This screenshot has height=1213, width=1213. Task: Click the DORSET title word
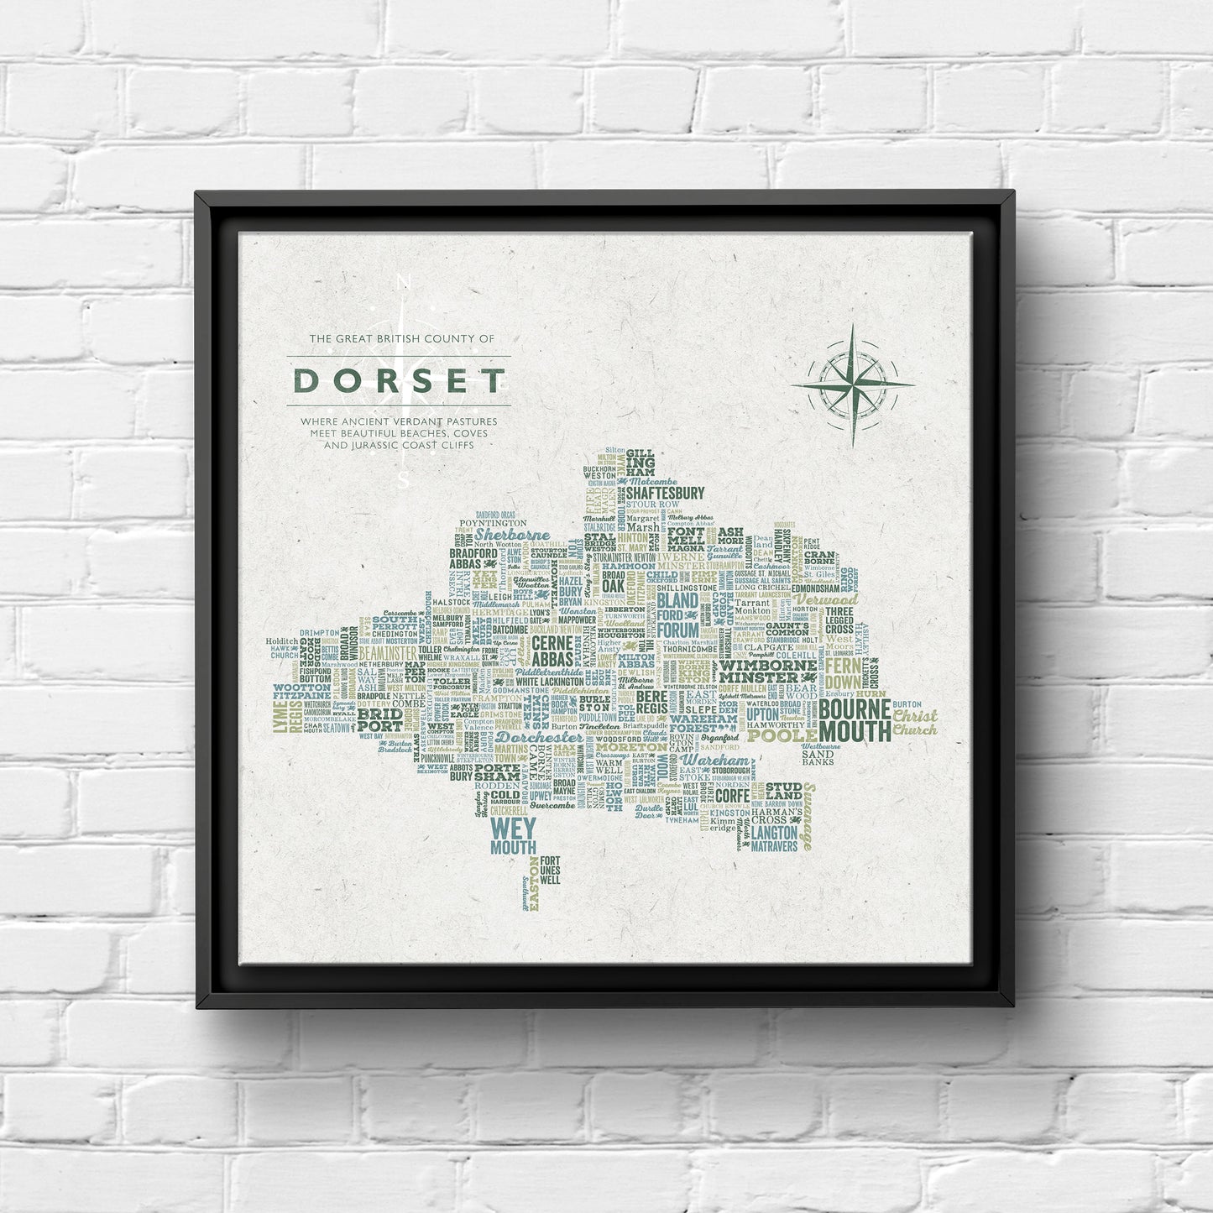click(x=399, y=381)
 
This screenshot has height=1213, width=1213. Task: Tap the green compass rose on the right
click(x=852, y=384)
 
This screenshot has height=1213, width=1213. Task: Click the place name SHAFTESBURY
click(x=664, y=493)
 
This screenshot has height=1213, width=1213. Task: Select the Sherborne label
click(x=512, y=535)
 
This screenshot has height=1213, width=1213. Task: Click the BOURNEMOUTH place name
click(x=855, y=719)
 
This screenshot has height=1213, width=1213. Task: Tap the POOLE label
click(x=782, y=736)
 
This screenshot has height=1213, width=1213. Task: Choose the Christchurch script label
click(x=914, y=722)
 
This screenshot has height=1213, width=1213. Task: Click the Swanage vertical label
click(x=808, y=815)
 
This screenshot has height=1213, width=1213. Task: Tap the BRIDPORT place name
click(x=379, y=719)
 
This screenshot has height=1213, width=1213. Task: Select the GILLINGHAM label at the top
click(x=640, y=463)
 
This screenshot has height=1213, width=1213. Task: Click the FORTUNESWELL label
click(x=550, y=871)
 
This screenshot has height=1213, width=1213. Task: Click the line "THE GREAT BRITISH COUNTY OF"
click(x=402, y=339)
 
